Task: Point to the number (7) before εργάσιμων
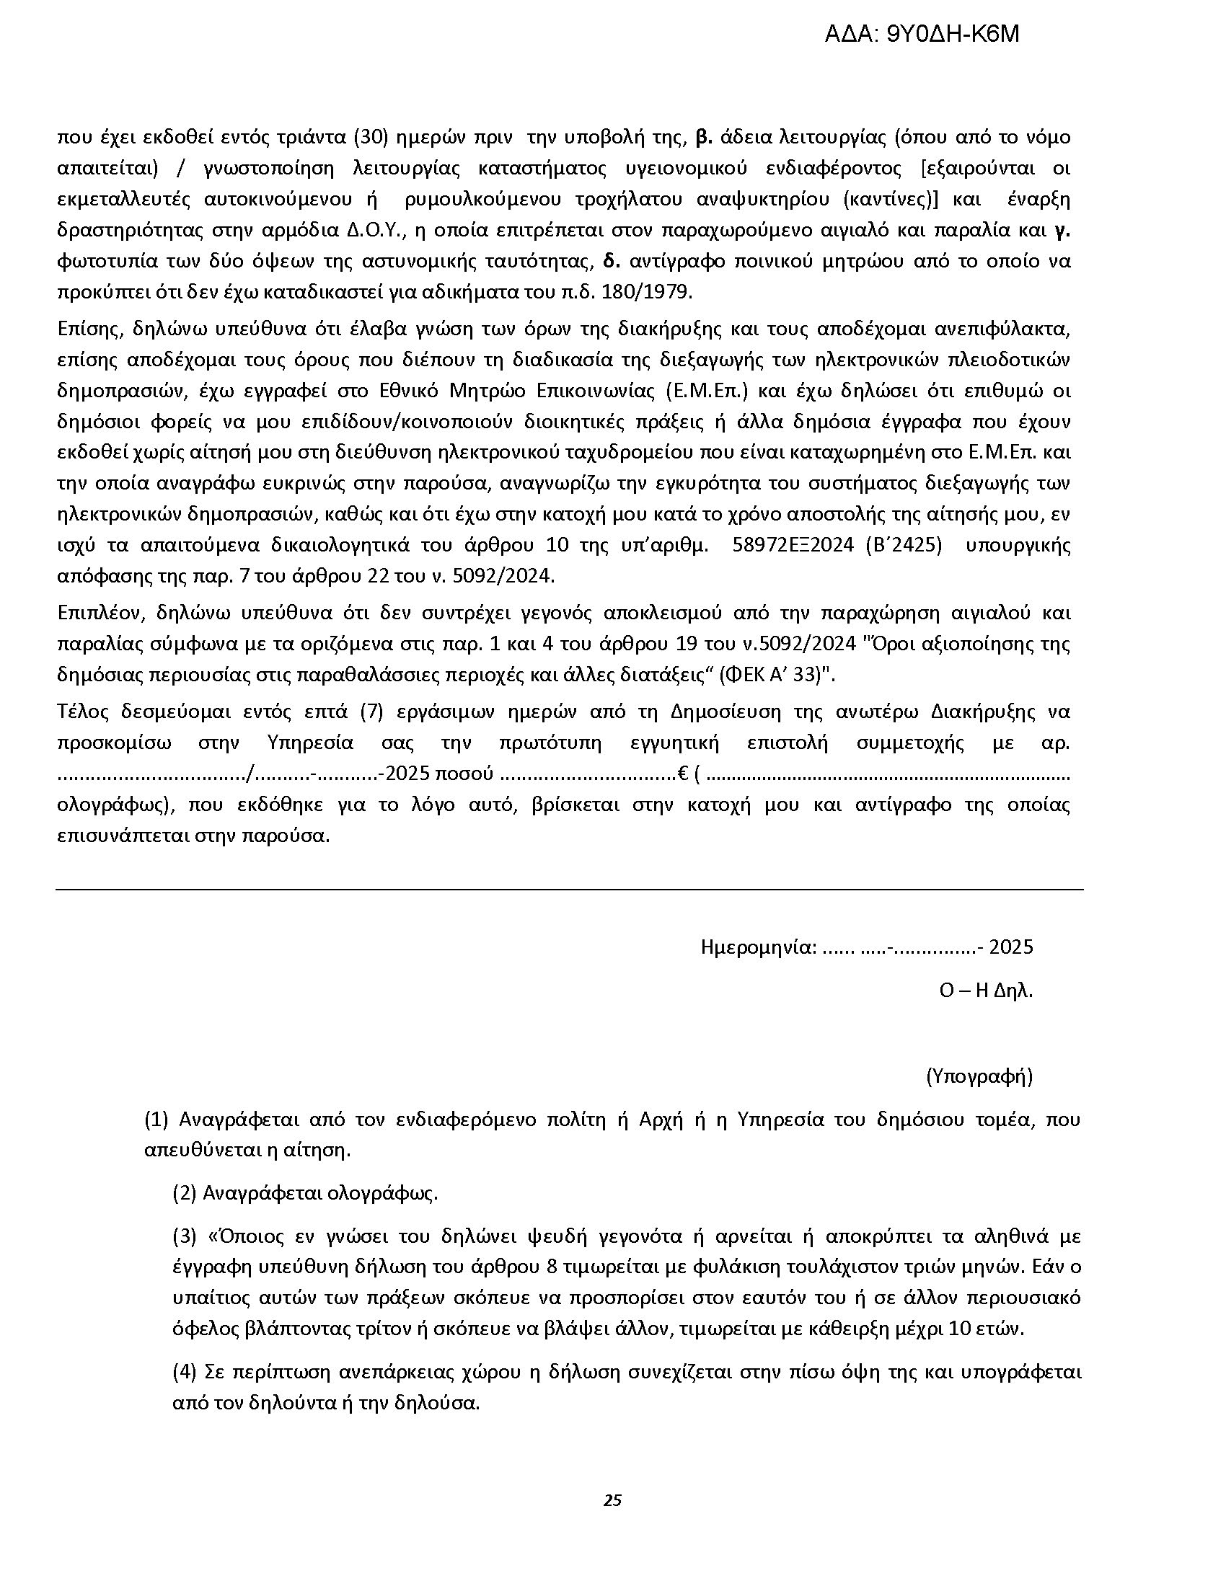(371, 712)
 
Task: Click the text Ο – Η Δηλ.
(986, 991)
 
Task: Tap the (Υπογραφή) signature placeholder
(979, 1076)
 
